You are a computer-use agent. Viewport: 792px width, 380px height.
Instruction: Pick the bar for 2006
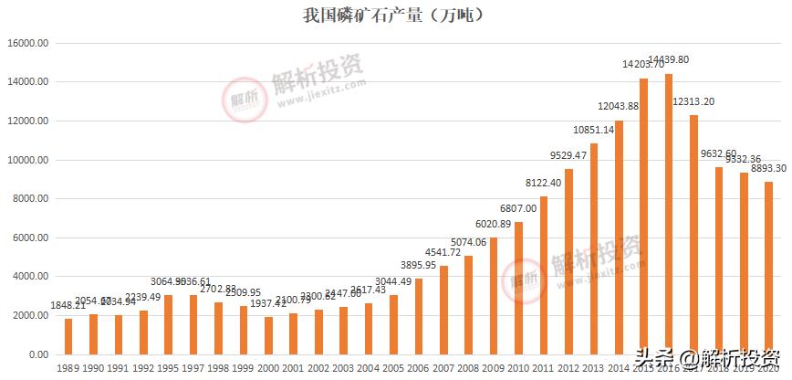[419, 316]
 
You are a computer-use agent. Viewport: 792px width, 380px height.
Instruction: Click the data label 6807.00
[519, 208]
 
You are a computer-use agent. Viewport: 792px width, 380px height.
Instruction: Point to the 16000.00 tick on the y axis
[31, 43]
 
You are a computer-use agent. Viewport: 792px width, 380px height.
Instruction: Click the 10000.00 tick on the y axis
[31, 160]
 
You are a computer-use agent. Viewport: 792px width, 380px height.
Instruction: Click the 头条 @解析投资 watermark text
[708, 360]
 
